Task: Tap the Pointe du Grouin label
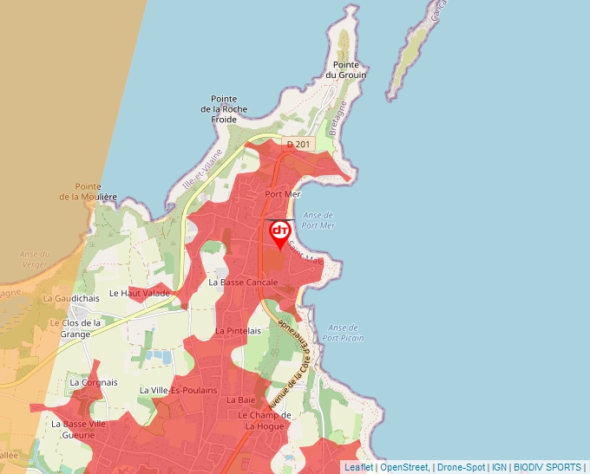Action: click(x=345, y=70)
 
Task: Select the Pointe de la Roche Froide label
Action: click(x=224, y=108)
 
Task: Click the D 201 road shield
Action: click(x=298, y=145)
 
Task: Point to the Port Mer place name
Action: click(x=282, y=195)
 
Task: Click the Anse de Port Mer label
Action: click(x=320, y=220)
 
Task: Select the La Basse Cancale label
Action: click(x=243, y=282)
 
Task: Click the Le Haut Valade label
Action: click(x=140, y=294)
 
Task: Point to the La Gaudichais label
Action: click(x=71, y=298)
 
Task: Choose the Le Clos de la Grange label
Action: click(x=75, y=328)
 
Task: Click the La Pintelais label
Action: click(x=239, y=331)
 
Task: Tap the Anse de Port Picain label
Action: click(x=344, y=333)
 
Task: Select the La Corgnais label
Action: click(x=94, y=382)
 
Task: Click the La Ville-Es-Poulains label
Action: click(x=178, y=390)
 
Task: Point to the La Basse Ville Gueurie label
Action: click(x=78, y=430)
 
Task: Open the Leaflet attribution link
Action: click(x=358, y=467)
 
